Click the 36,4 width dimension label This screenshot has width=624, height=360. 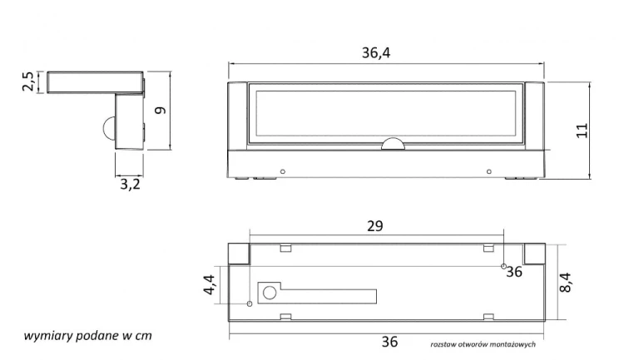pyautogui.click(x=376, y=53)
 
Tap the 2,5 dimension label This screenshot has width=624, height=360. pyautogui.click(x=28, y=82)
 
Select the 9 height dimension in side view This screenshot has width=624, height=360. pyautogui.click(x=161, y=111)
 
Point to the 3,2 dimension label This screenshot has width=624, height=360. pyautogui.click(x=130, y=185)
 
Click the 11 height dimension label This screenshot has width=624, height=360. pyautogui.click(x=582, y=131)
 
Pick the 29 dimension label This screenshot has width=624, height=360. pyautogui.click(x=375, y=226)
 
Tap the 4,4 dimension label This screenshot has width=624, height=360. pyautogui.click(x=210, y=285)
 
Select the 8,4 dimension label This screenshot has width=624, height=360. pyautogui.click(x=565, y=283)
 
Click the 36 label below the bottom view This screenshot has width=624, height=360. pyautogui.click(x=389, y=342)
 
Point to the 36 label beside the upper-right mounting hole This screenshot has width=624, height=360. pyautogui.click(x=514, y=272)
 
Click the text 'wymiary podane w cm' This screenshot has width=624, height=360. pyautogui.click(x=88, y=336)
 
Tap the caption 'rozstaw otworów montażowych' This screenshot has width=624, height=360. pyautogui.click(x=483, y=344)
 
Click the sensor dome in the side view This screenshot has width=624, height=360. pyautogui.click(x=109, y=126)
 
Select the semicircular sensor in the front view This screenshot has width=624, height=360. pyautogui.click(x=394, y=144)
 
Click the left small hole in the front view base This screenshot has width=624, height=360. pyautogui.click(x=283, y=172)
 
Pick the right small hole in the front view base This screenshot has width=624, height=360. pyautogui.click(x=489, y=172)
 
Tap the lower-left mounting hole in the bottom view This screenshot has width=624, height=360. pyautogui.click(x=250, y=304)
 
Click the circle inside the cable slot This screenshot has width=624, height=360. pyautogui.click(x=270, y=293)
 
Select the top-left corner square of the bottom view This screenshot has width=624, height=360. pyautogui.click(x=239, y=254)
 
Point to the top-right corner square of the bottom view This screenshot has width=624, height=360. pyautogui.click(x=534, y=254)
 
